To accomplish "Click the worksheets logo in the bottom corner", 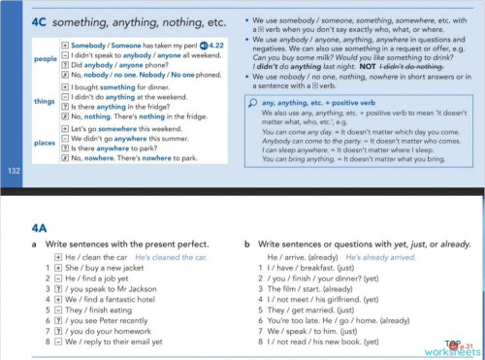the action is coord(457,348).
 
